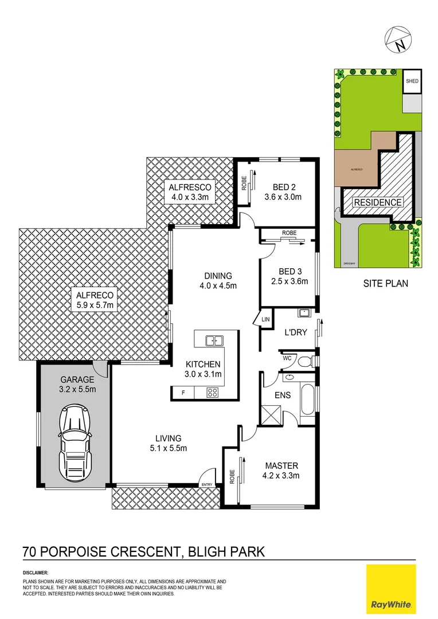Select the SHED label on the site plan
tap(412, 81)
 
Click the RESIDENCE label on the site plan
tap(377, 202)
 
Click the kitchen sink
tap(214, 340)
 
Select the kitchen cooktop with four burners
tap(212, 393)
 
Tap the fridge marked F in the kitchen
tap(183, 393)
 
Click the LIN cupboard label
tap(265, 319)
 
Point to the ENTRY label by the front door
tap(207, 485)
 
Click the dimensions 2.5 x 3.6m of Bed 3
tap(290, 281)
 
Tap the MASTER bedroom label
tap(281, 465)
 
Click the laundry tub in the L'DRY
tap(304, 314)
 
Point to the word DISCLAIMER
tap(36, 573)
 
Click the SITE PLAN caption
tap(386, 283)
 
